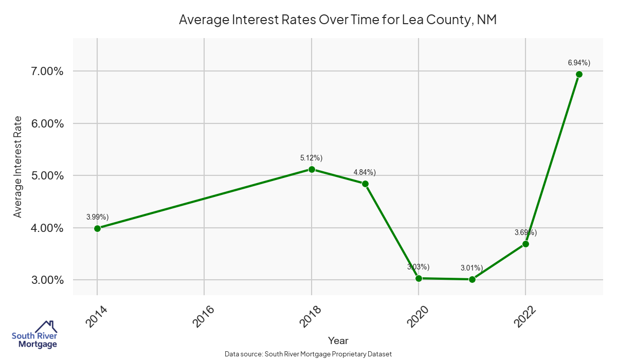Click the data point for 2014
(x=97, y=228)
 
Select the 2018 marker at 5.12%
(x=312, y=169)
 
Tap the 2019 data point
(x=365, y=184)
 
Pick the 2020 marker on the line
(x=419, y=278)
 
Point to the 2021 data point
(x=472, y=279)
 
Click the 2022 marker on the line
(x=525, y=244)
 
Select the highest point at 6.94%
(x=579, y=74)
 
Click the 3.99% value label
(x=97, y=217)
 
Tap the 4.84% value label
(x=365, y=172)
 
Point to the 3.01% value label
(x=471, y=267)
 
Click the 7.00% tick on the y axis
(x=45, y=71)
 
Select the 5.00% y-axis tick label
(x=45, y=176)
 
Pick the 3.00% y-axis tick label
(x=45, y=280)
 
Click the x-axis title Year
(x=338, y=340)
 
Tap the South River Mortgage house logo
(x=34, y=335)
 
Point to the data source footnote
(x=308, y=354)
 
